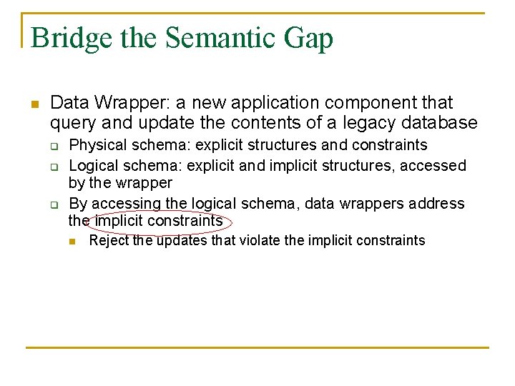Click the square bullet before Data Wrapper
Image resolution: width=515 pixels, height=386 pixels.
tap(34, 104)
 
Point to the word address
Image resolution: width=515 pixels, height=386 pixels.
tap(437, 203)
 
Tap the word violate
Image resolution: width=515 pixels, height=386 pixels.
tap(260, 240)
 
